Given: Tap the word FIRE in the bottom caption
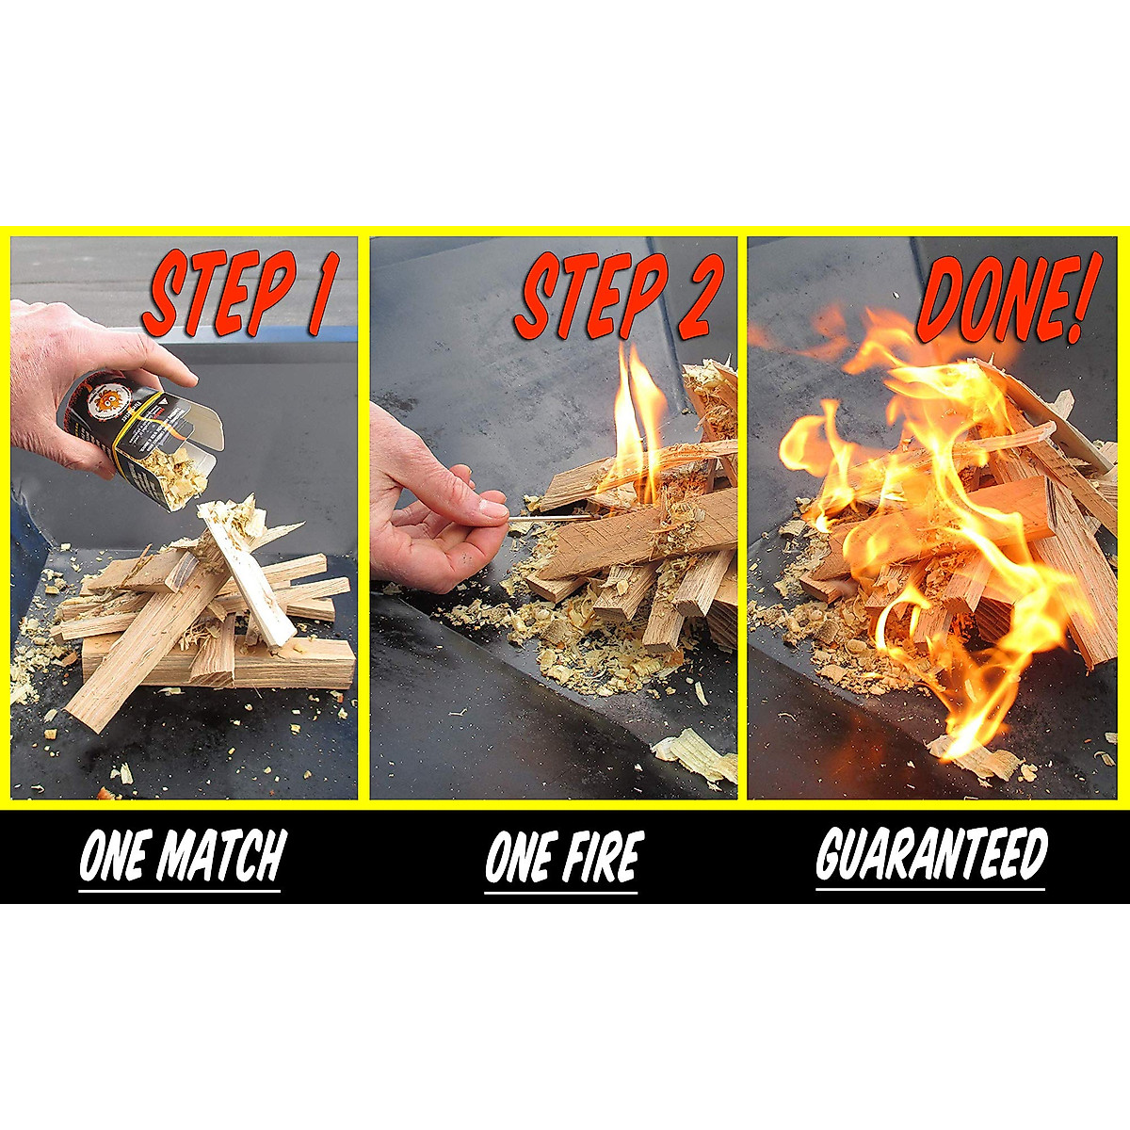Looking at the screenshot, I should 596,857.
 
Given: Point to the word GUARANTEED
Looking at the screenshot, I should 930,854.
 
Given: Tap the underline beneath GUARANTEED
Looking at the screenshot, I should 930,888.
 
